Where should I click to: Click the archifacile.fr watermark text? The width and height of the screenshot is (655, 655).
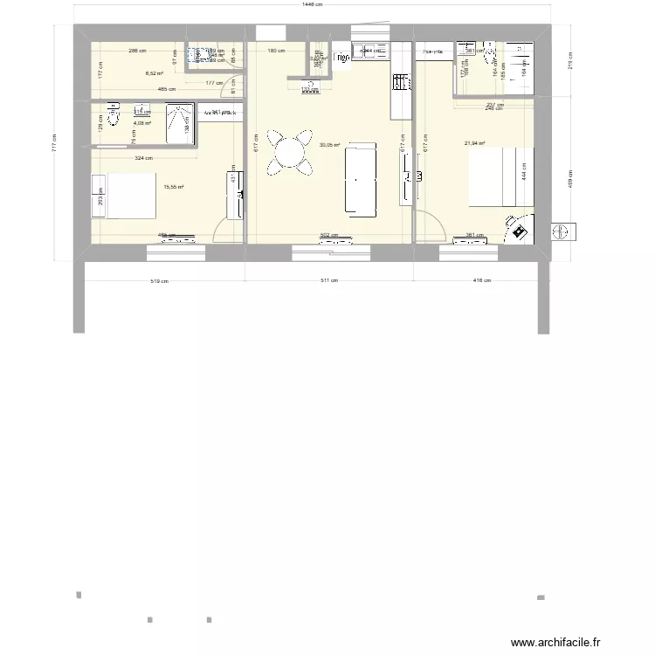[x=555, y=642]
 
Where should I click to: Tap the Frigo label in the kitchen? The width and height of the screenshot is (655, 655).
[x=341, y=59]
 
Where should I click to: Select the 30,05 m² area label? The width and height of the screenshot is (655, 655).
[x=329, y=146]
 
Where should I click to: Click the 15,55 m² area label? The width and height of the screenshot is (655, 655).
[x=173, y=187]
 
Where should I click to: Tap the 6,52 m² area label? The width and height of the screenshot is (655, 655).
[x=154, y=74]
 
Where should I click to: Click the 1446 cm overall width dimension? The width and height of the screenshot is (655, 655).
[x=312, y=5]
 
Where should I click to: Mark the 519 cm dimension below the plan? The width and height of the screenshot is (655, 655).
[x=159, y=281]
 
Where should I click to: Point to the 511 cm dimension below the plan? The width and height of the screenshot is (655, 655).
[x=328, y=281]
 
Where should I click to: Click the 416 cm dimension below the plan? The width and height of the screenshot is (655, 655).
[x=481, y=281]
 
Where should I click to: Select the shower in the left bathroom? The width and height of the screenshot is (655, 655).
[x=180, y=123]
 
